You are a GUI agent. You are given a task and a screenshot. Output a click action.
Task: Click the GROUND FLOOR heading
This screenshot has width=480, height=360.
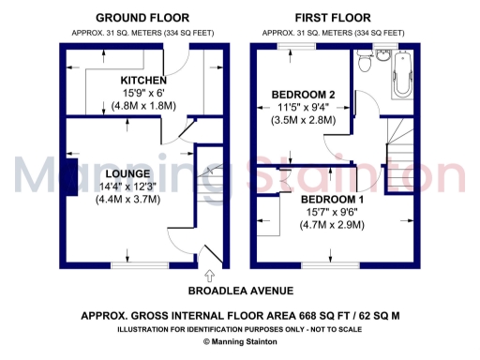click(x=142, y=18)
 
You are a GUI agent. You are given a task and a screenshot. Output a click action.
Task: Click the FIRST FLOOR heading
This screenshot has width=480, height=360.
click(x=333, y=18)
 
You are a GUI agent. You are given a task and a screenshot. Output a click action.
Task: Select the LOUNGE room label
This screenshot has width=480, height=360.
click(x=127, y=174)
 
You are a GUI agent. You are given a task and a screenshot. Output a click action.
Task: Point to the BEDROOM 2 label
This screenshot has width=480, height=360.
click(x=303, y=95)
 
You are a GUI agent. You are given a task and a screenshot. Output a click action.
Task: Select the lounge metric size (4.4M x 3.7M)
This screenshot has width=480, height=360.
click(x=127, y=199)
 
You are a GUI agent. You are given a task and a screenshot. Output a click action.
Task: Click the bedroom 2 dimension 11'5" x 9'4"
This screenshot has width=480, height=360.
click(x=303, y=108)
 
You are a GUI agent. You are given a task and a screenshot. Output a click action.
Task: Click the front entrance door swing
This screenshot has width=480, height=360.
click(x=210, y=251)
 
